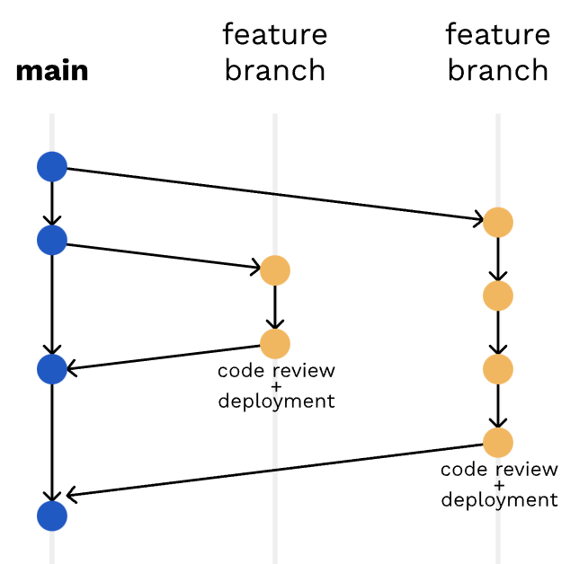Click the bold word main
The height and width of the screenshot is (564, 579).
[52, 71]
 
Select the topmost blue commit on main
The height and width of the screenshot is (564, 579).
[52, 166]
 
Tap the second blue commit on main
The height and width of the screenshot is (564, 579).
[52, 239]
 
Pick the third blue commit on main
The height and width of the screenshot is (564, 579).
[52, 369]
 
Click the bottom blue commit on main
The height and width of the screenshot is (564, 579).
[52, 516]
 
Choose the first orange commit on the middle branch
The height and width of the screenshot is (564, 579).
[275, 270]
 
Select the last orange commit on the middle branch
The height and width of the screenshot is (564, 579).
[275, 343]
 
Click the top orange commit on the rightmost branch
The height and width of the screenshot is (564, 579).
[498, 222]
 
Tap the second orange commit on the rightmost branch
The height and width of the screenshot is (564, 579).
[498, 295]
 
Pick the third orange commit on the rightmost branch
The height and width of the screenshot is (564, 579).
[498, 369]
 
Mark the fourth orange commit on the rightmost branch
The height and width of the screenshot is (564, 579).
[498, 442]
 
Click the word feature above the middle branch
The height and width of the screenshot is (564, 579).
[275, 35]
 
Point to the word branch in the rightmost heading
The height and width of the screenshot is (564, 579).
[498, 70]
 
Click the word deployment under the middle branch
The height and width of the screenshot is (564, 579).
[277, 401]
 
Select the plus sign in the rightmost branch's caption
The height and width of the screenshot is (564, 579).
[500, 485]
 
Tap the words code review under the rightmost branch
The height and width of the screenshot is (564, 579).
[500, 470]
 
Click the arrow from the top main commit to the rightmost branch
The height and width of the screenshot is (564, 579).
[270, 192]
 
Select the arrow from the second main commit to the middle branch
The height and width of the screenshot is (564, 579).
[162, 254]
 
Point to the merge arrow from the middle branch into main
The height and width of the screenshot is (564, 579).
[162, 357]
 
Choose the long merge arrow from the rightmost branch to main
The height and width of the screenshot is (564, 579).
[270, 471]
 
